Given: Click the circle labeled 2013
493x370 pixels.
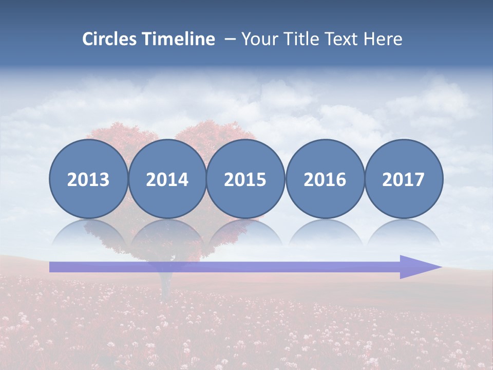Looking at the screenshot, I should (x=88, y=179).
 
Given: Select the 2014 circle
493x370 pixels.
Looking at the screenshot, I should (x=167, y=179).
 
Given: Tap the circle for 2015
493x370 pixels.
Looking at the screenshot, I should (x=245, y=179).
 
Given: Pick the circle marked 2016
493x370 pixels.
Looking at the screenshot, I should (x=325, y=179).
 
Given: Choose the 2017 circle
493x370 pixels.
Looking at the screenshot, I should (x=404, y=179).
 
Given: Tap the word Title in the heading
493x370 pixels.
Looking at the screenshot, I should (x=301, y=39).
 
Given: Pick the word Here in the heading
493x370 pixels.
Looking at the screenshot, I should (x=383, y=39).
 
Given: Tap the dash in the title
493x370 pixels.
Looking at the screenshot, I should (x=230, y=40).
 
